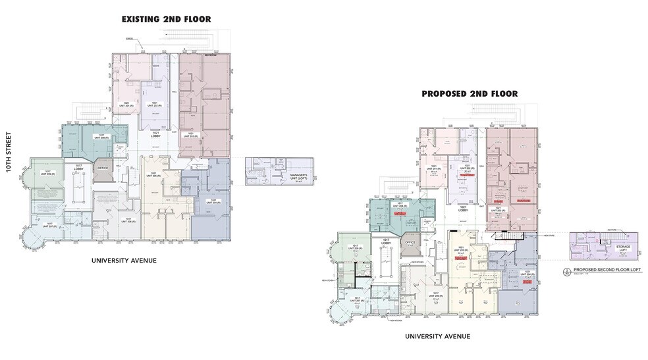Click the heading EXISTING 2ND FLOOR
click(166, 19)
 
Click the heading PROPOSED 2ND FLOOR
click(470, 94)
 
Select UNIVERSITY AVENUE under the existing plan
click(123, 261)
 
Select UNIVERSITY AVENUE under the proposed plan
click(437, 336)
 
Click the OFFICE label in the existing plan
click(102, 168)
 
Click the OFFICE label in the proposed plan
click(411, 242)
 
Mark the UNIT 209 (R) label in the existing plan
click(47, 174)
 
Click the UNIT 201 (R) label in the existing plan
click(124, 105)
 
